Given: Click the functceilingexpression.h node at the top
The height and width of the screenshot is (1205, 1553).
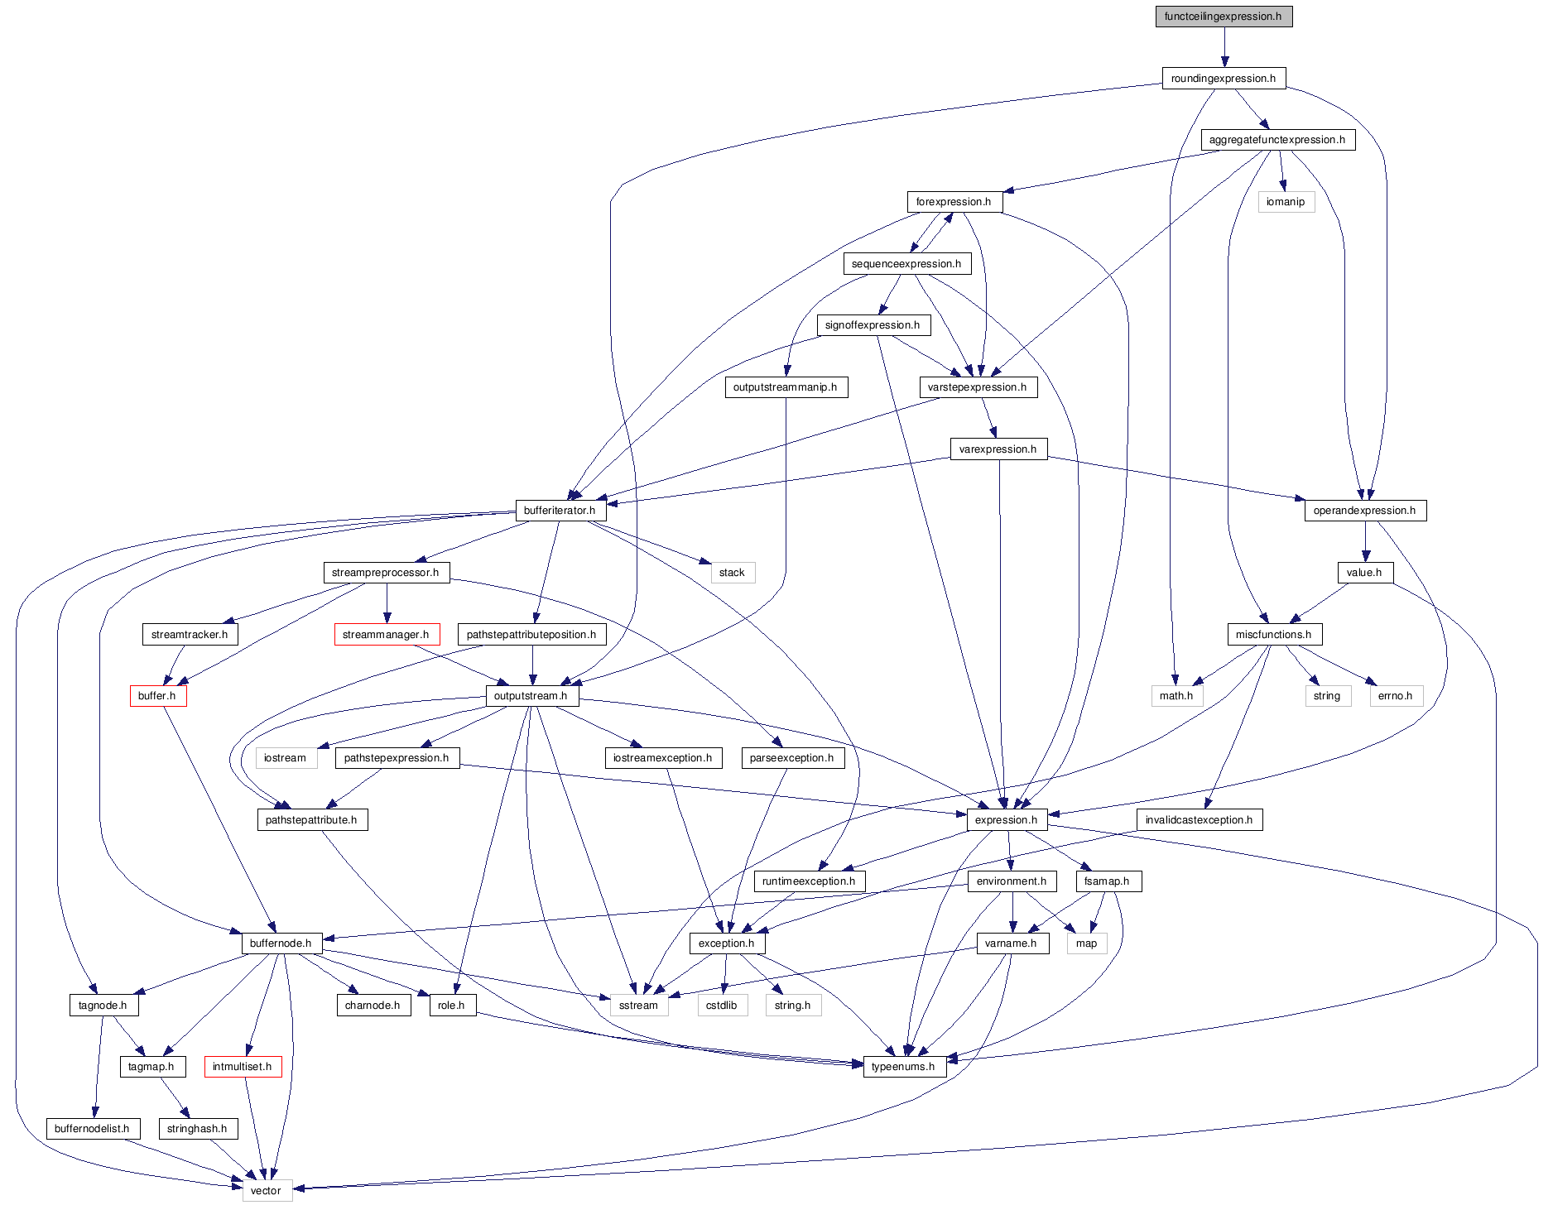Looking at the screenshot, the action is coord(1224,17).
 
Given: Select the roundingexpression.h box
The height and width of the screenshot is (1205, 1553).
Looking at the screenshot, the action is coord(1224,79).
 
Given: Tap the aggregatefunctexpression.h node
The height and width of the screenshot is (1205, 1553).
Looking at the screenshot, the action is coord(1277,140).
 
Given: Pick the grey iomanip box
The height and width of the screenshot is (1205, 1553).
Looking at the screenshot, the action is coord(1286,202).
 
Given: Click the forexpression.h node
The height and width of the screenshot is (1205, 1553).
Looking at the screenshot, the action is coord(954,202).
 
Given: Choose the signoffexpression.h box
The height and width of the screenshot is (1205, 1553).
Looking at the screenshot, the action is coord(873,325).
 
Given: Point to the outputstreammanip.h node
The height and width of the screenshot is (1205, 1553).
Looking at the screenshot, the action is coord(786,387).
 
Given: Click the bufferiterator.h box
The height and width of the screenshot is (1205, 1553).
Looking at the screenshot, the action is coord(560,511).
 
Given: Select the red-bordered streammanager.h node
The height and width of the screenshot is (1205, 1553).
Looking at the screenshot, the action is coord(386,635).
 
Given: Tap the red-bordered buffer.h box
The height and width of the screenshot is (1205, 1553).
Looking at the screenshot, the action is coord(157,696).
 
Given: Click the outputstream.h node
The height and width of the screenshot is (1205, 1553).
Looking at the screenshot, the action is coord(531,696).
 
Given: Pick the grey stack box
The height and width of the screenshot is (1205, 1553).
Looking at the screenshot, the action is coord(732,573).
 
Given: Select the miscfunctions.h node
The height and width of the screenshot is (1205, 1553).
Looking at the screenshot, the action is coord(1273,635).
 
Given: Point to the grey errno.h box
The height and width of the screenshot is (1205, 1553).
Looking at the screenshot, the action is coord(1396,696).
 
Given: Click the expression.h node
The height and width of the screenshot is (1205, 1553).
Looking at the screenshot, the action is coord(1006,820).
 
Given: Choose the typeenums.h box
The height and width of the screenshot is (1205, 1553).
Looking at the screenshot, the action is coord(903,1067).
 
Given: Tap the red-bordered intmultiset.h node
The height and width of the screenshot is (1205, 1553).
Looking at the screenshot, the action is coord(243,1067).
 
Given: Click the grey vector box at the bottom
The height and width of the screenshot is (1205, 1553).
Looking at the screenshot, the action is coord(266,1191).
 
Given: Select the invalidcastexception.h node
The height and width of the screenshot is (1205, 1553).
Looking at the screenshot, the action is coord(1200,820).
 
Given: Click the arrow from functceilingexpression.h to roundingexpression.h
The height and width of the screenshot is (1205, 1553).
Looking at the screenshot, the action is coord(1224,47).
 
